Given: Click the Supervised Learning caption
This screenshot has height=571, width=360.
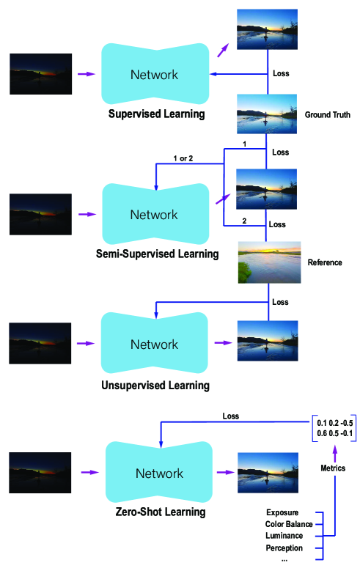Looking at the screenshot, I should [156, 114].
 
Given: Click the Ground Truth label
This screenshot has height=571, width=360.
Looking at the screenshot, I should [327, 115].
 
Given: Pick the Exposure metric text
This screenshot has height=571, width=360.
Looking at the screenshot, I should [282, 512].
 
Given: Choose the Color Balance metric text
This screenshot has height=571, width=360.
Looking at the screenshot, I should [289, 524].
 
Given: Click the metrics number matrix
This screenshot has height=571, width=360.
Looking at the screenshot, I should [335, 428].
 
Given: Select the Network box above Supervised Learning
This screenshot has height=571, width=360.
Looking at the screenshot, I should [154, 75].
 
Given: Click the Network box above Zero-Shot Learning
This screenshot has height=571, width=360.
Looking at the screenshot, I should [159, 474].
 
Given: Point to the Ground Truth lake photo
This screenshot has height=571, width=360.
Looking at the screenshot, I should [266, 114].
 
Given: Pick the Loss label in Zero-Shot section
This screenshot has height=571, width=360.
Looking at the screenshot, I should [230, 416].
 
